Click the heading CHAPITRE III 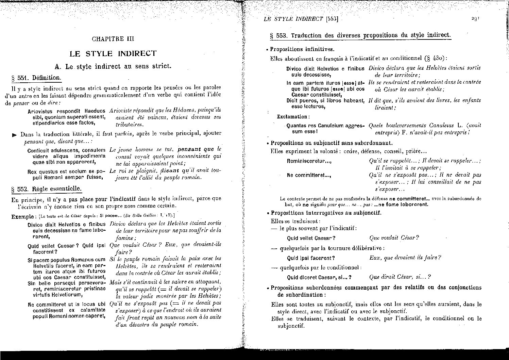pos(113,39)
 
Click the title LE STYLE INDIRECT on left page pos(113,53)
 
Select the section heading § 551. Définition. pos(36,78)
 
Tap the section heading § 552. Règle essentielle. pos(46,189)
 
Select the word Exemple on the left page pos(22,216)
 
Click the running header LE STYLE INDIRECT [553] pos(301,19)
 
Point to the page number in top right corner pos(475,19)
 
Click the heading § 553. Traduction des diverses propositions pos(360,35)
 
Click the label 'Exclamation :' pos(292,116)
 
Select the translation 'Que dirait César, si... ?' pos(400,277)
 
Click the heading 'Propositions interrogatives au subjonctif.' pos(326,213)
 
